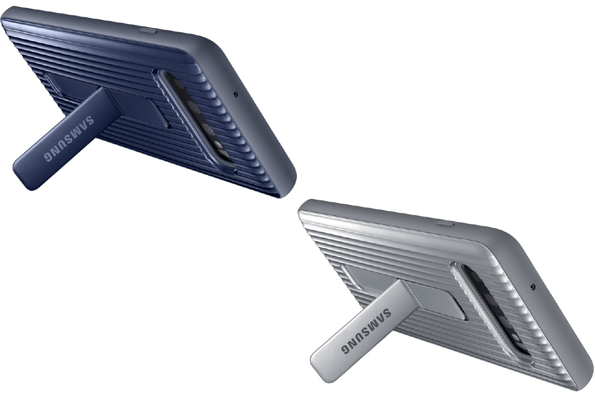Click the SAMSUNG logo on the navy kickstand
pyautogui.click(x=69, y=139)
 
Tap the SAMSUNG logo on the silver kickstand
pyautogui.click(x=366, y=331)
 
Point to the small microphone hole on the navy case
pyautogui.click(x=235, y=93)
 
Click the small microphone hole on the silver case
pyautogui.click(x=533, y=286)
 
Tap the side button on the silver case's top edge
pyautogui.click(x=446, y=224)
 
